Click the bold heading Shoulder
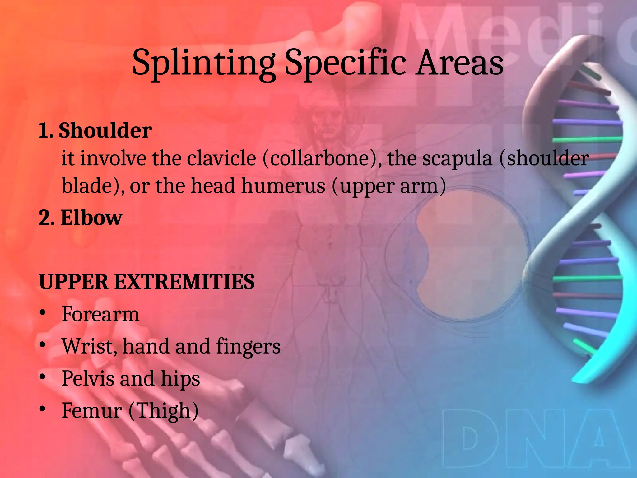[105, 130]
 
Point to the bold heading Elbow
[91, 218]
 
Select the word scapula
[457, 159]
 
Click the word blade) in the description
[93, 186]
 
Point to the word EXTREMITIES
[184, 282]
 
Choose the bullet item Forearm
[100, 314]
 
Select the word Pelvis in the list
[88, 378]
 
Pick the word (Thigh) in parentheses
[163, 411]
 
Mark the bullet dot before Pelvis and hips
[43, 377]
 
